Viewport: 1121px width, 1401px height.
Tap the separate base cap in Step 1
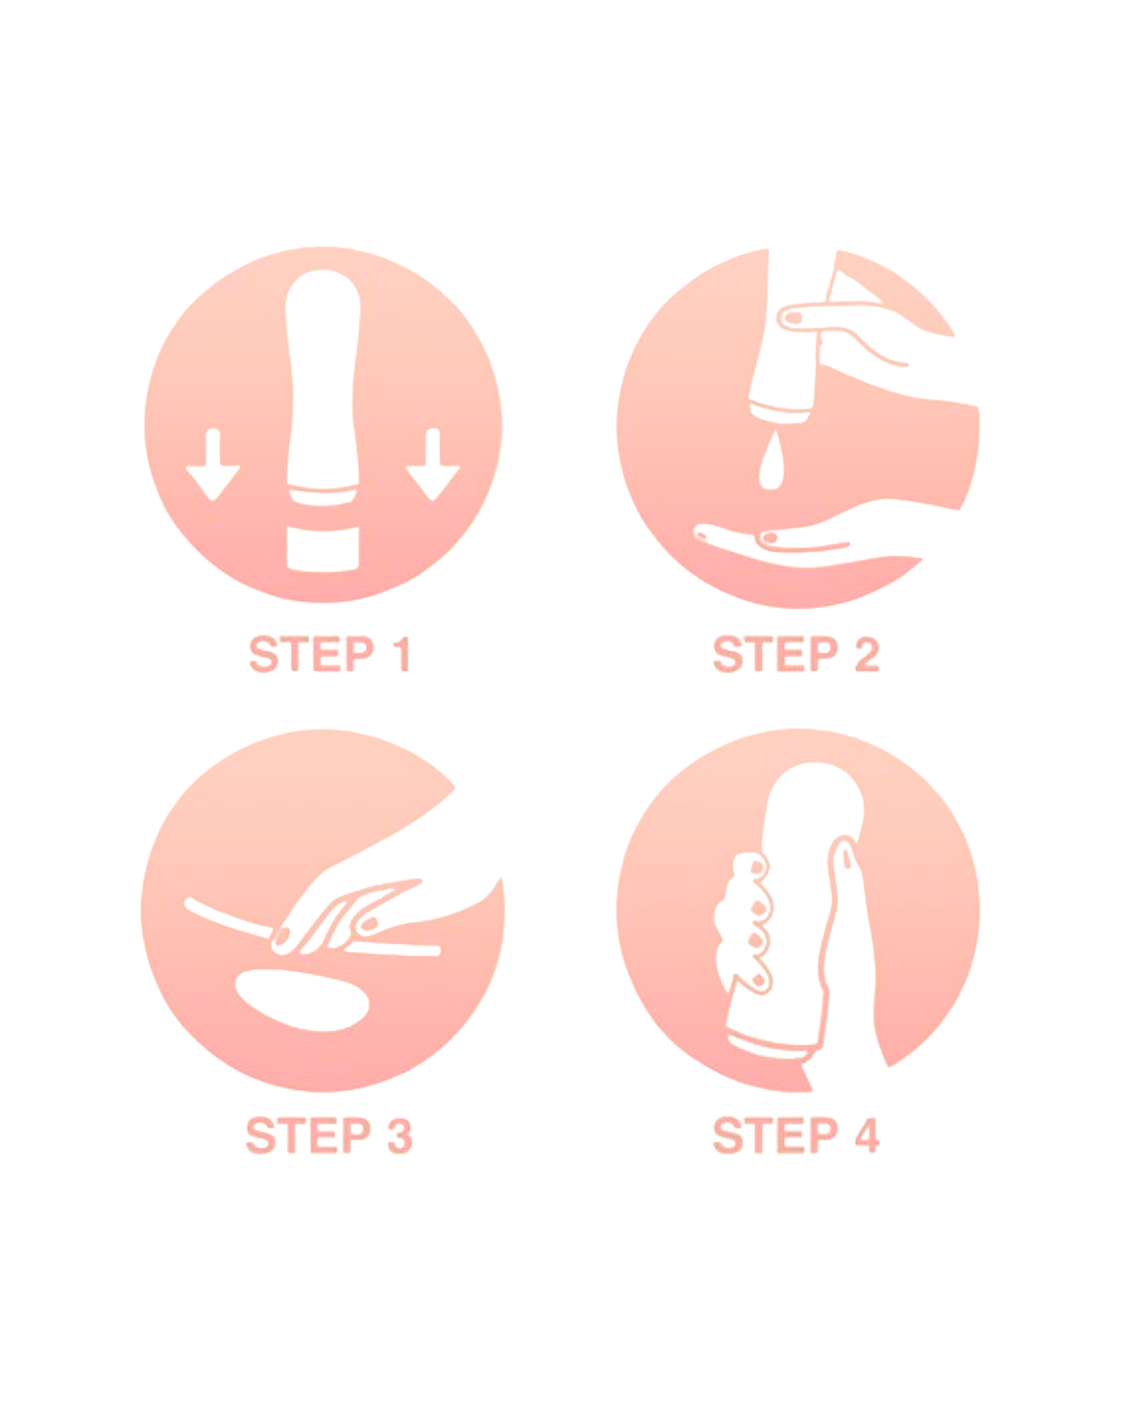[323, 549]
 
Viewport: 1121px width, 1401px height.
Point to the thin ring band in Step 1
[323, 496]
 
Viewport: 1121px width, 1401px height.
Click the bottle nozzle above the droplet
[779, 411]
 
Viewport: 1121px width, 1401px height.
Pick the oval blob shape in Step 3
[303, 1000]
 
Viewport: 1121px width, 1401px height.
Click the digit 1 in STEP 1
[401, 654]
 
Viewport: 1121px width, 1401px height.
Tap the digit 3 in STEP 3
[399, 1136]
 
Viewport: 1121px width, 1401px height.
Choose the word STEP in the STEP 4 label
[775, 1136]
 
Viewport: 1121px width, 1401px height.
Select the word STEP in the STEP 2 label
[775, 654]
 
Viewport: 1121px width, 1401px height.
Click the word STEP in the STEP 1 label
[311, 654]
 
